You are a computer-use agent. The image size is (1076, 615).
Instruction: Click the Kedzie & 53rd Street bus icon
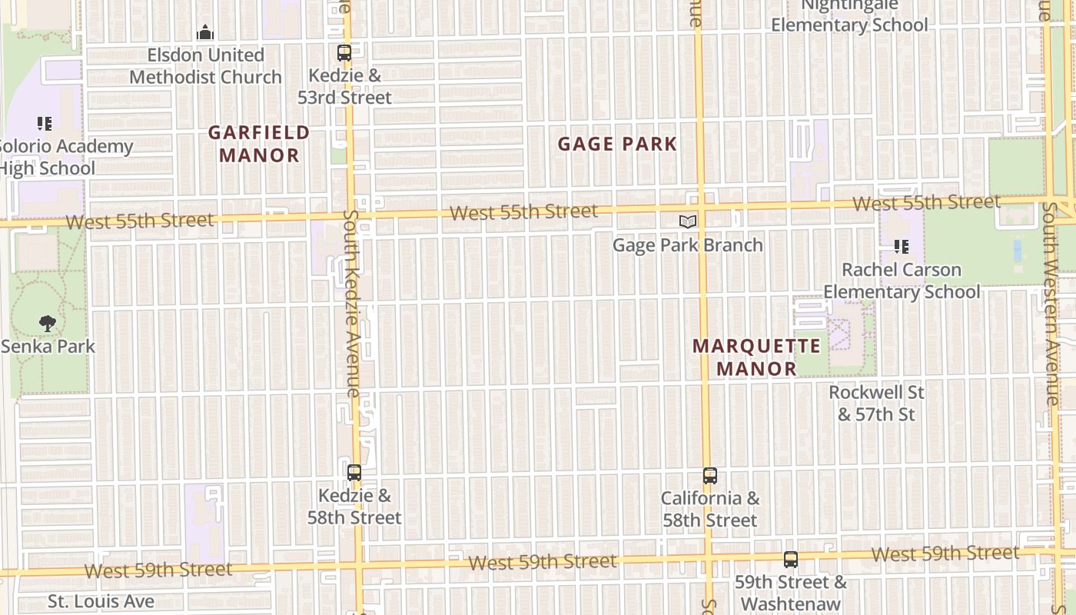coord(344,53)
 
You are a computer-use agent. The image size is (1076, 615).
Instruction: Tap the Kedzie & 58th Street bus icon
coord(354,473)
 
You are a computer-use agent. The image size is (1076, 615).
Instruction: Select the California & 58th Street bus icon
coord(710,476)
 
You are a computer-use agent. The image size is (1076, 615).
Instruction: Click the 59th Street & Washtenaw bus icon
coord(791,560)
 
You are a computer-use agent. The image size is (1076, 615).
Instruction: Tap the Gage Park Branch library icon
coord(688,222)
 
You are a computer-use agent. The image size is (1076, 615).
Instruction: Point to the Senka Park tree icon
coord(48,324)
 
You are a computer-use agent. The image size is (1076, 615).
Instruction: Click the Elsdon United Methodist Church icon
coord(205,32)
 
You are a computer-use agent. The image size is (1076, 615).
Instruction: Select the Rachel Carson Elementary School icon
coord(902,248)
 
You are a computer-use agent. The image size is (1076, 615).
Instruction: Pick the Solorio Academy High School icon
coord(45,123)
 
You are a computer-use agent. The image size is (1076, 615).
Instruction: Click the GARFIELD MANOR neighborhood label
coord(259,144)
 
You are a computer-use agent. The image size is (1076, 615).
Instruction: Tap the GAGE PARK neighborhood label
coord(617,144)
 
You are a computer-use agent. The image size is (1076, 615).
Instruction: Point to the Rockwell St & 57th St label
coord(876,404)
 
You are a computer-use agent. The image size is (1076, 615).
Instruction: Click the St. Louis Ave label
coord(101,601)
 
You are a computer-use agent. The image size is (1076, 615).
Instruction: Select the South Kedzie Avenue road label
coord(351,304)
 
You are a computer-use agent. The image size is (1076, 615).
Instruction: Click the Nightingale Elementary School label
coord(849,15)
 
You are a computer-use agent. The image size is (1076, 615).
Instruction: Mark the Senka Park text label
coord(48,347)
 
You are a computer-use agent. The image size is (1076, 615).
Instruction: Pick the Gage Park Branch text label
coord(687,245)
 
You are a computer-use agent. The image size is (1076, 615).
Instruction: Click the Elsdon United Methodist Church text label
coord(205,66)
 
